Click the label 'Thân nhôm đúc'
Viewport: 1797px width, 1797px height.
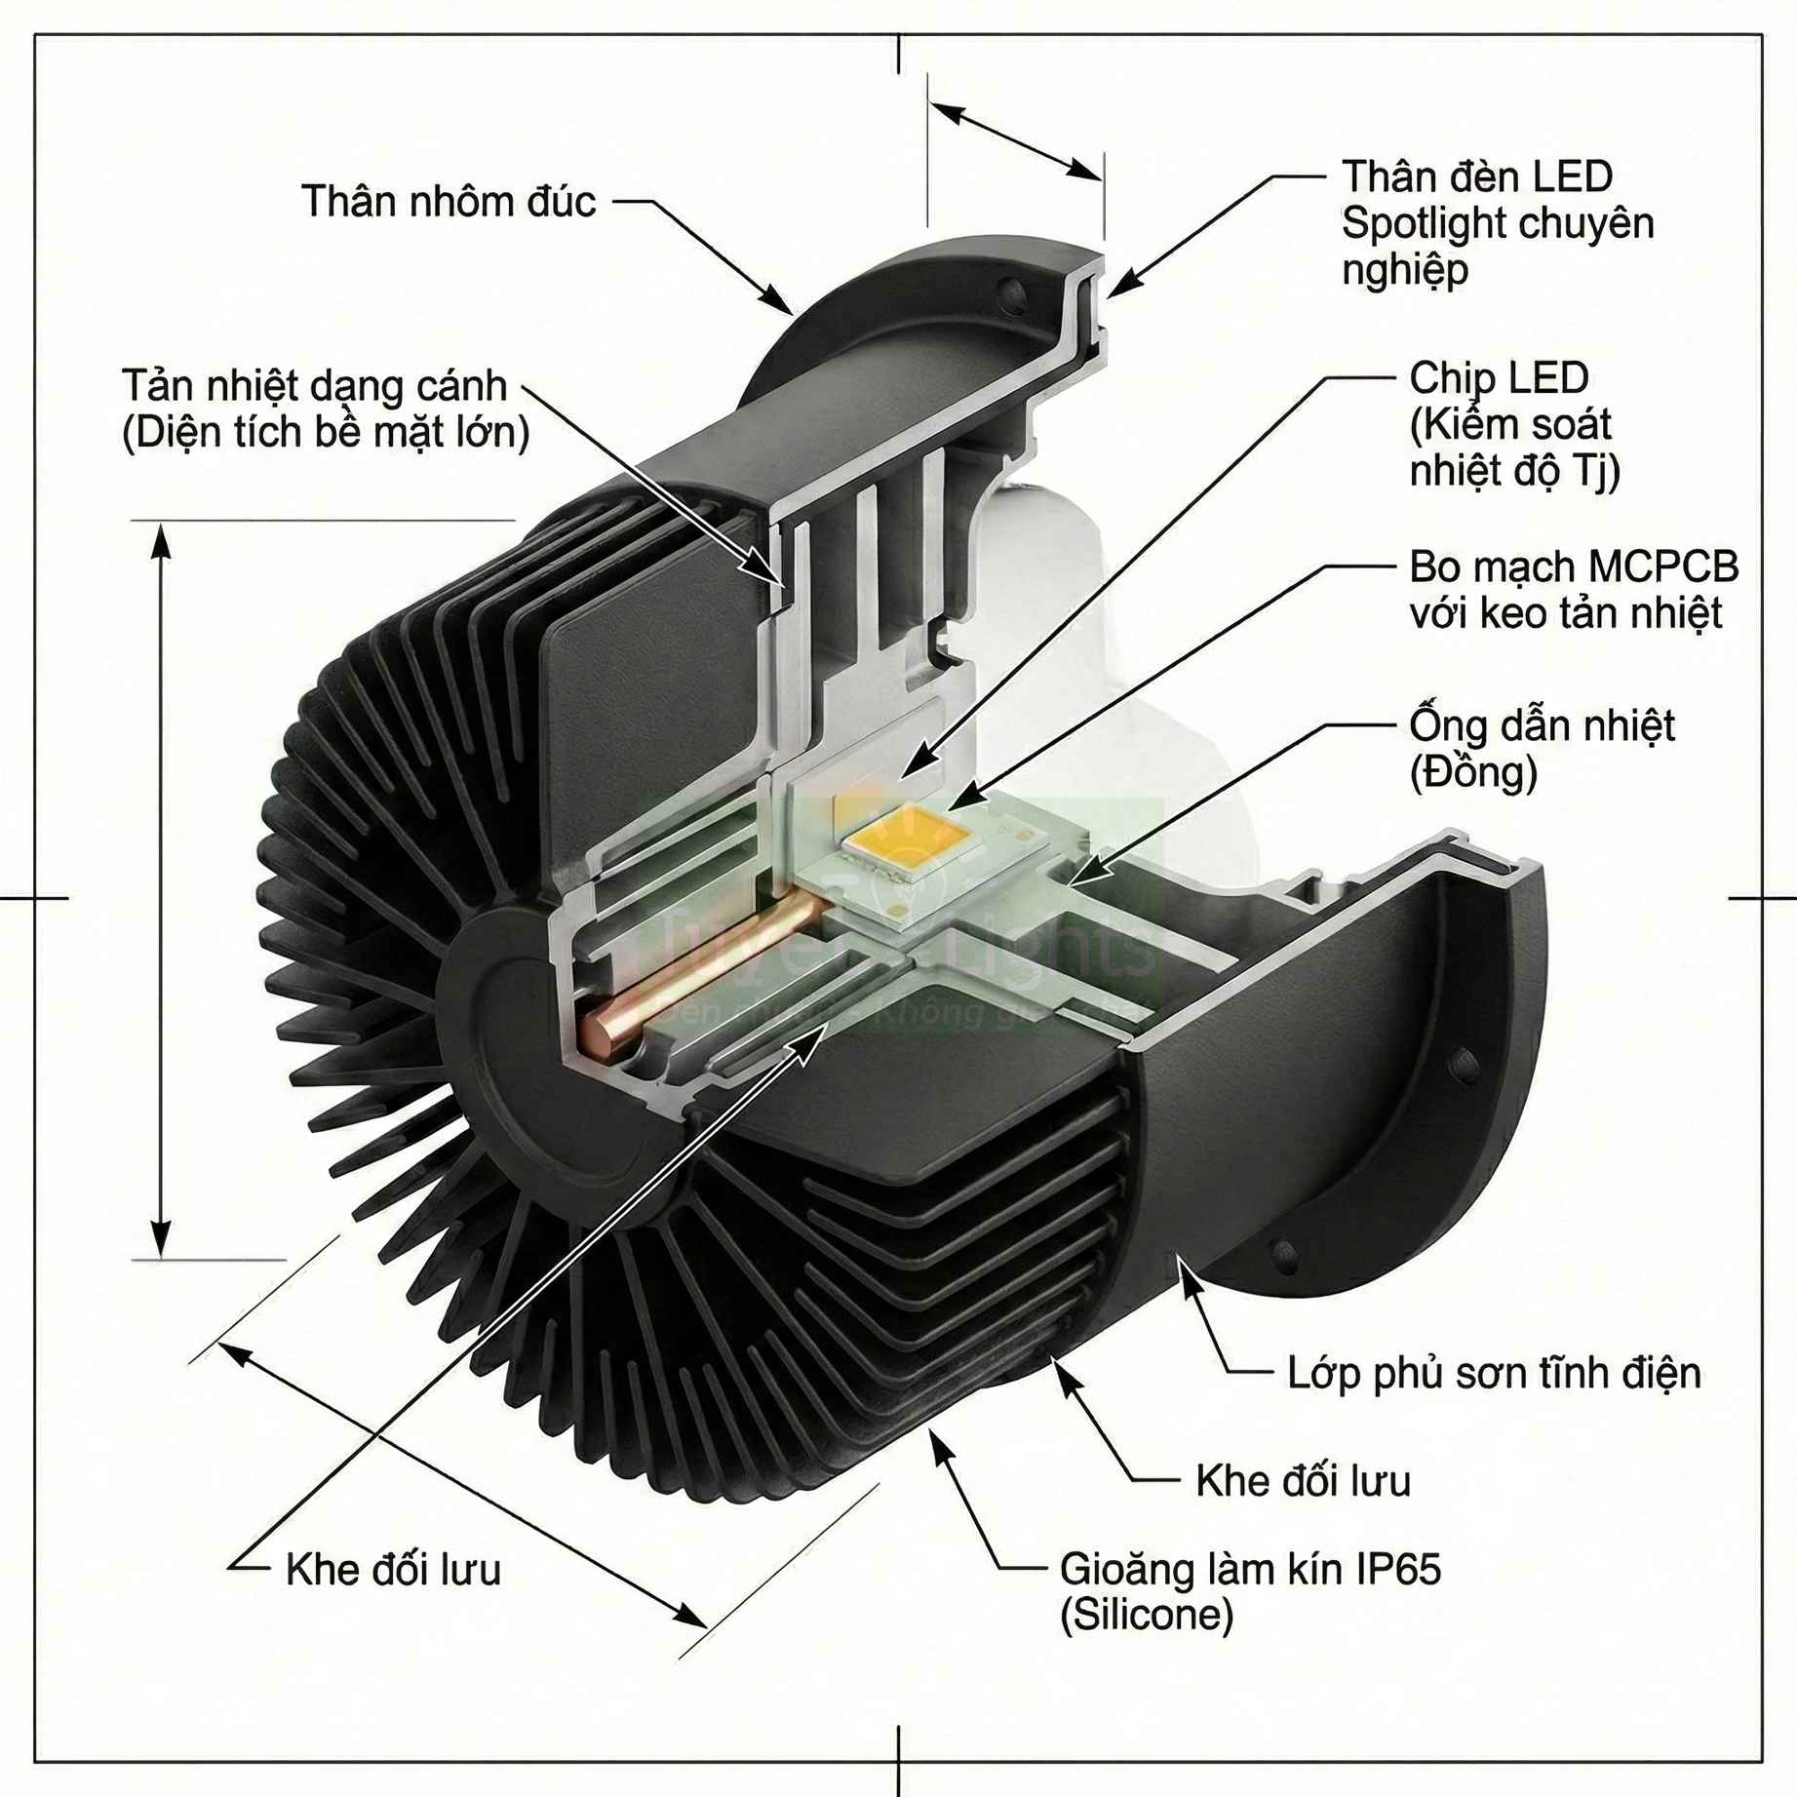pyautogui.click(x=448, y=202)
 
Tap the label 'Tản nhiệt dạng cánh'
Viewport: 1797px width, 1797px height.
pyautogui.click(x=314, y=386)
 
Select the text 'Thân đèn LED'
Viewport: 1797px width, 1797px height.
pyautogui.click(x=1476, y=176)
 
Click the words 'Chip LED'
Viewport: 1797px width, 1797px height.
pyautogui.click(x=1498, y=378)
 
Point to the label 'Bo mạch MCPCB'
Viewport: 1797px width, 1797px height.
pyautogui.click(x=1573, y=566)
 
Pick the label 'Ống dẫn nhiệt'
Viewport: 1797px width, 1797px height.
pyautogui.click(x=1541, y=725)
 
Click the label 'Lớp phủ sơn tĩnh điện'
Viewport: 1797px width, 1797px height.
pyautogui.click(x=1493, y=1373)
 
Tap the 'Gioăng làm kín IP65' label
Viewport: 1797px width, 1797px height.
pyautogui.click(x=1249, y=1569)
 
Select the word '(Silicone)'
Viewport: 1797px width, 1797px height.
pyautogui.click(x=1146, y=1616)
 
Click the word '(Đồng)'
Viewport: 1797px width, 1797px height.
pyautogui.click(x=1472, y=772)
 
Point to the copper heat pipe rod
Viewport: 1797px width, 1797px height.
pyautogui.click(x=702, y=966)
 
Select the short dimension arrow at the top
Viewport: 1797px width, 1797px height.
pyautogui.click(x=1014, y=140)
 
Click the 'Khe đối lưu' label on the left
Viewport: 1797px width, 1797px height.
pyautogui.click(x=393, y=1570)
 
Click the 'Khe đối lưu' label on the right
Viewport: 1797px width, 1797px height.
pyautogui.click(x=1302, y=1481)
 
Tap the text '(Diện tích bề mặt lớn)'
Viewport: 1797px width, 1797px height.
pyautogui.click(x=326, y=432)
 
